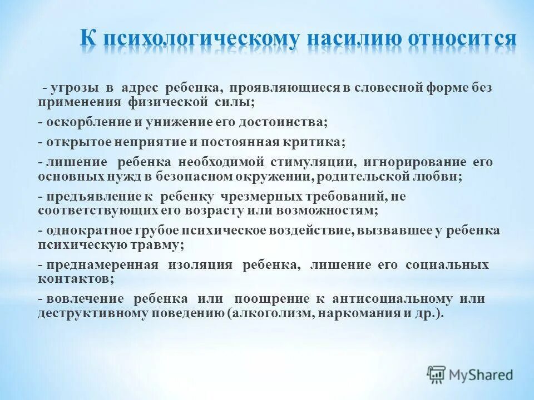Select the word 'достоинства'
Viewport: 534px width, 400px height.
[263, 122]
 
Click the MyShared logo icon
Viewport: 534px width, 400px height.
[436, 375]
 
